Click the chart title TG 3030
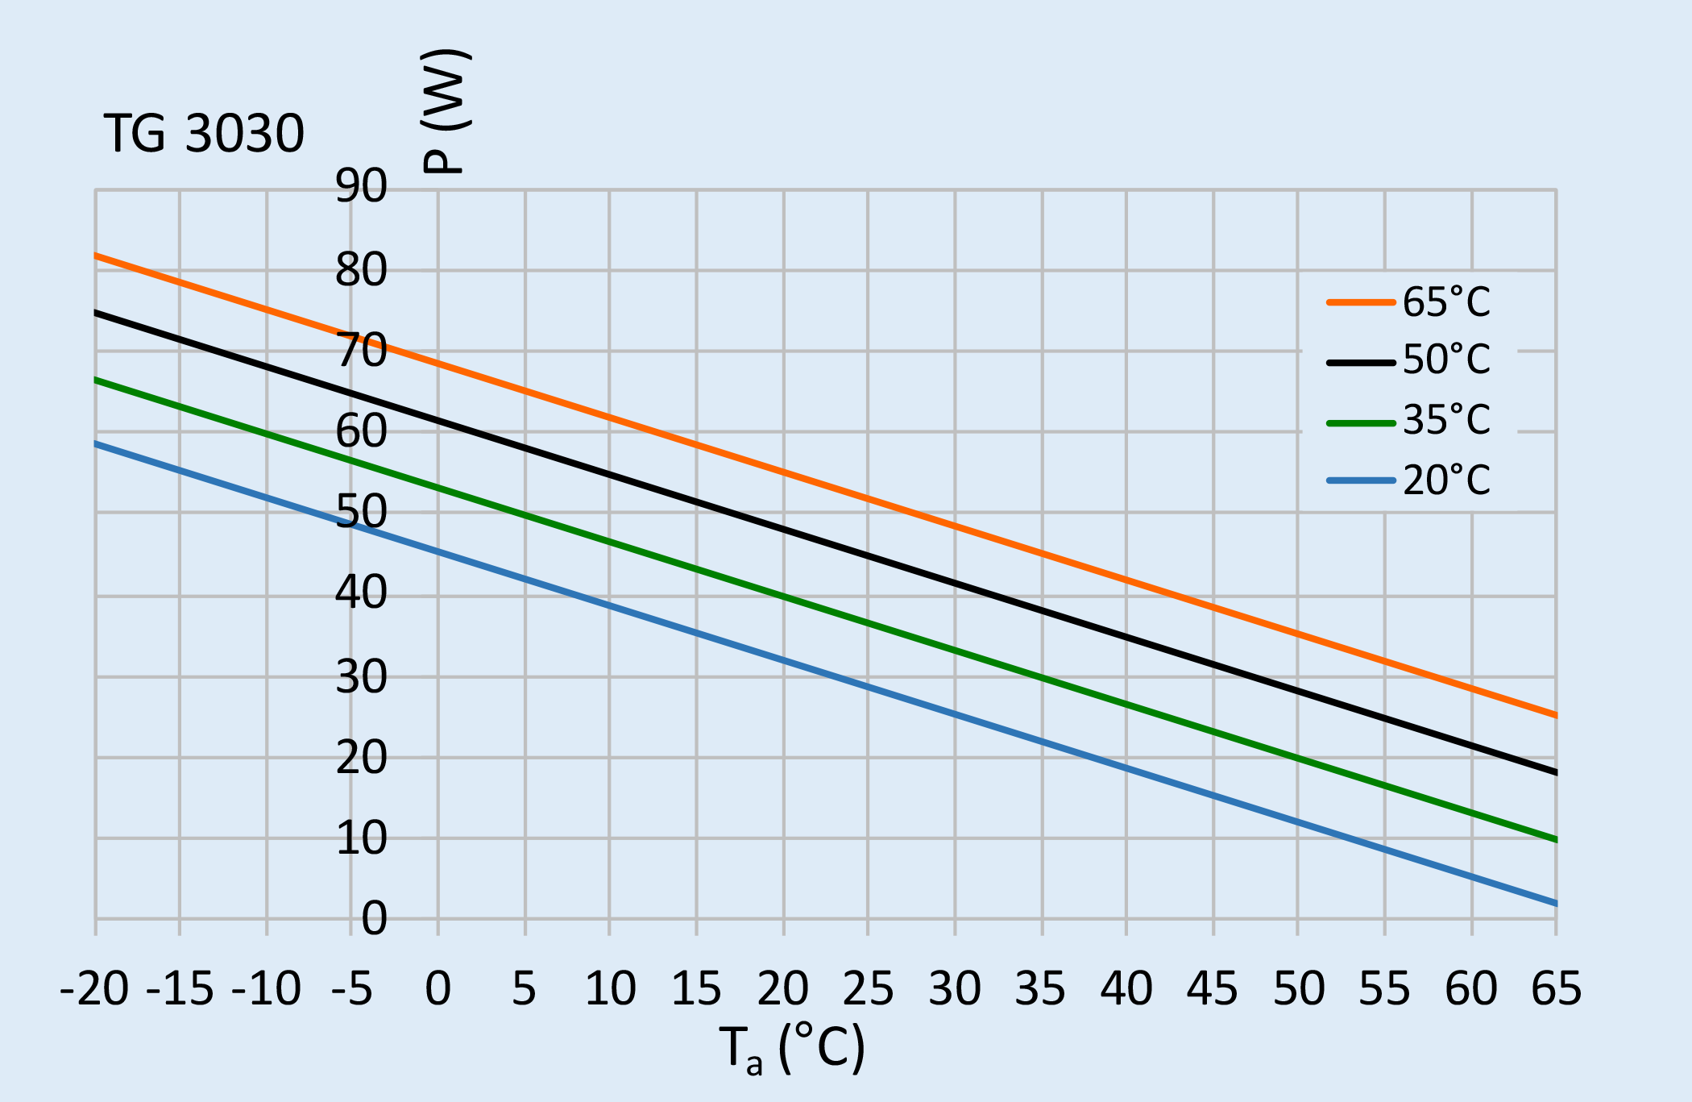tap(204, 134)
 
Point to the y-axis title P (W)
tap(445, 111)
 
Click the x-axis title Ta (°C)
tap(791, 1049)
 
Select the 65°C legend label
tap(1446, 302)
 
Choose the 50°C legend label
tap(1446, 360)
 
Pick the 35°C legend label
tap(1446, 420)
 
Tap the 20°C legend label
tap(1446, 480)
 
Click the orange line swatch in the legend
tap(1361, 302)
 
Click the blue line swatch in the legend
tap(1361, 480)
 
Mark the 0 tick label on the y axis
tap(374, 918)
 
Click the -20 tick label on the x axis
tap(94, 988)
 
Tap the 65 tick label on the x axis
tap(1556, 988)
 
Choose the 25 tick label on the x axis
tap(868, 988)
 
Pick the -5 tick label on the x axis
tap(352, 988)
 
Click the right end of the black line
tap(1556, 772)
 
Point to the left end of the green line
tap(96, 379)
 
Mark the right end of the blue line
tap(1556, 904)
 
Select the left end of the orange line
tap(96, 256)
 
